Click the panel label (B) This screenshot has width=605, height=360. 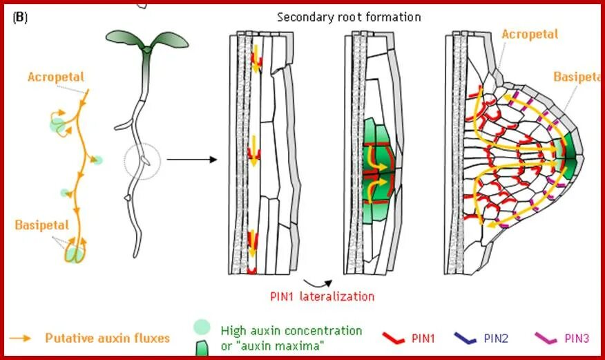20,17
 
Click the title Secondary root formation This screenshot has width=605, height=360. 349,17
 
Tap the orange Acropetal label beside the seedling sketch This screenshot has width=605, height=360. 55,76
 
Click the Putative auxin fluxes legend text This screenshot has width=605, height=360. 107,338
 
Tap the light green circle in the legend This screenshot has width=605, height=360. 202,327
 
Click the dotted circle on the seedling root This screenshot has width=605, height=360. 142,163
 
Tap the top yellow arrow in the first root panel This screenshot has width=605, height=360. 256,58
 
